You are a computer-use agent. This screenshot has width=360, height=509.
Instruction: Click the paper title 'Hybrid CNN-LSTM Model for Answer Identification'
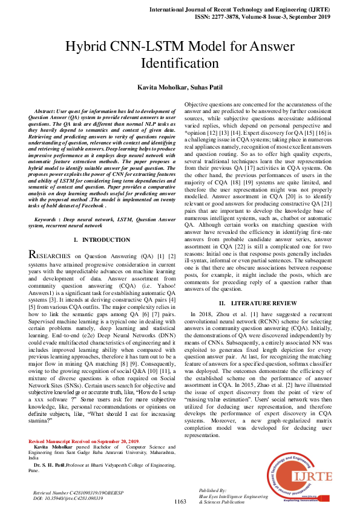click(x=180, y=54)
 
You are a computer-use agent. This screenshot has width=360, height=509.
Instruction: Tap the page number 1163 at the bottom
click(x=180, y=502)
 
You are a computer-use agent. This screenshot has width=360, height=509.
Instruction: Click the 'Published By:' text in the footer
click(x=212, y=491)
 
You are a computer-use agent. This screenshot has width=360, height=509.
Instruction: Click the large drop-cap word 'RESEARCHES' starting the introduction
click(x=53, y=256)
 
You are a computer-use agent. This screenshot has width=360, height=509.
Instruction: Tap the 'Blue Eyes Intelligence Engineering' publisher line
click(x=233, y=496)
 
